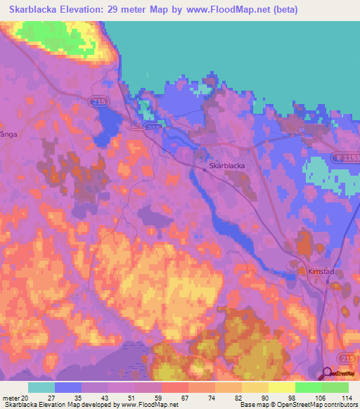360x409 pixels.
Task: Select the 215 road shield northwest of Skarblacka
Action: [x=98, y=103]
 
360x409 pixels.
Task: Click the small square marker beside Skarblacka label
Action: [x=204, y=167]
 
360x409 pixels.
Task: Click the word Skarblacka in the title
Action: [x=34, y=10]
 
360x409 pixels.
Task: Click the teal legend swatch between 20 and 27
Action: [x=41, y=387]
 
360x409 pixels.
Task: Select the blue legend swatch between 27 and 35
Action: [x=68, y=387]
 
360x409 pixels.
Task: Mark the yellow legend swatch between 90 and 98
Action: [x=281, y=387]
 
